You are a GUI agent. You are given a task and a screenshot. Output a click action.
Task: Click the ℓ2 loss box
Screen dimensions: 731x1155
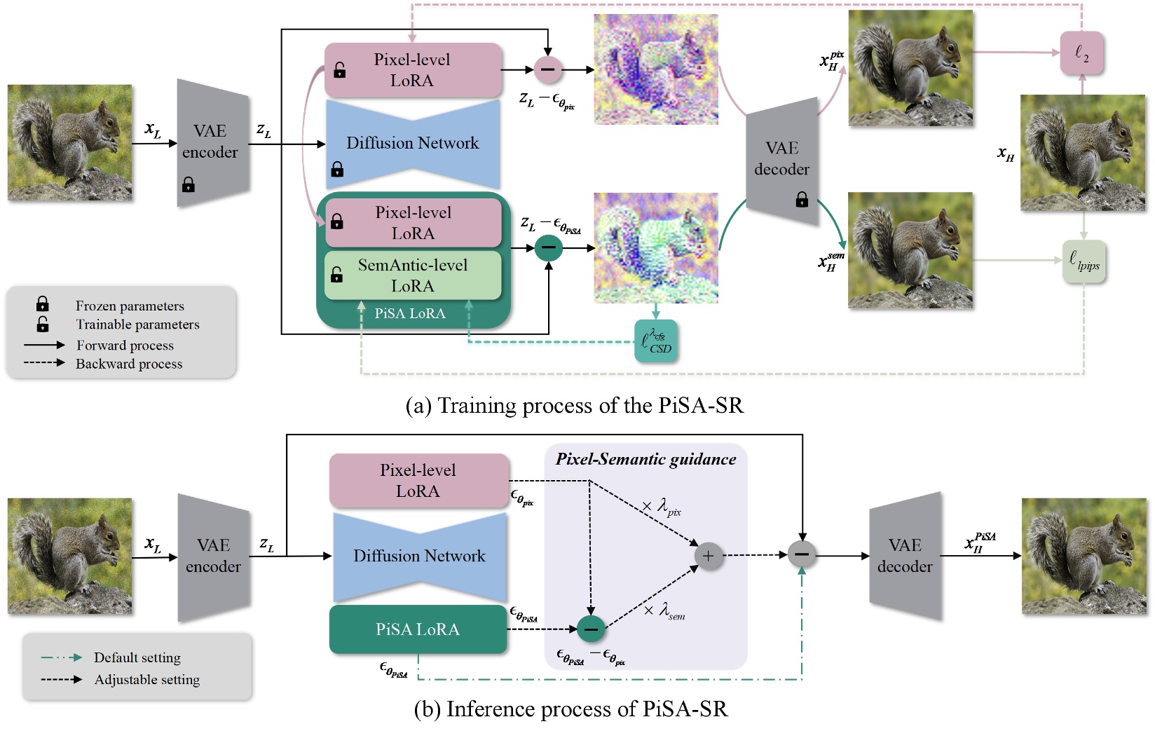pyautogui.click(x=1081, y=53)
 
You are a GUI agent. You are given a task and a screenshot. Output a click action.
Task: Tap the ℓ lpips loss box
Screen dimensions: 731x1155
pyautogui.click(x=1084, y=261)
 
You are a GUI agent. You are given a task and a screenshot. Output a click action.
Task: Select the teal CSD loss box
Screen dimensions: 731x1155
pyautogui.click(x=656, y=341)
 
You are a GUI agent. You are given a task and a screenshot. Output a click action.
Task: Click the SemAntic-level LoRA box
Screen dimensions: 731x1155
pyautogui.click(x=413, y=275)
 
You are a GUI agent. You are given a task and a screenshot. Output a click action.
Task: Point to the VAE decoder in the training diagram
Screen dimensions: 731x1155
pyautogui.click(x=782, y=160)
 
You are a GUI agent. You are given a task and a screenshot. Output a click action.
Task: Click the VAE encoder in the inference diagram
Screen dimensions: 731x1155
pyautogui.click(x=213, y=556)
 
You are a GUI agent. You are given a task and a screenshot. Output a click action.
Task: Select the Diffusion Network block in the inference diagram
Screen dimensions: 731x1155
pyautogui.click(x=419, y=556)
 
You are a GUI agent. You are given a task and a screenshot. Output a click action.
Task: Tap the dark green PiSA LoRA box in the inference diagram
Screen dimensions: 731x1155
pyautogui.click(x=418, y=629)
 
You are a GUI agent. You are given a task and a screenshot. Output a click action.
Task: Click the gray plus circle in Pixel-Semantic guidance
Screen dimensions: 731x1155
pyautogui.click(x=708, y=556)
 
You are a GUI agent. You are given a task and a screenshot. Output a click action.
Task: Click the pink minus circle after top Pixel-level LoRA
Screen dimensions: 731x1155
pyautogui.click(x=548, y=69)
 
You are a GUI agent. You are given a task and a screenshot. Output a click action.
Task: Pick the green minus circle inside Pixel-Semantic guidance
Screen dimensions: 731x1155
pyautogui.click(x=591, y=629)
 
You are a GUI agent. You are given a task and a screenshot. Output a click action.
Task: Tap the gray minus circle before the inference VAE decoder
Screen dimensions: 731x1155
pyautogui.click(x=802, y=554)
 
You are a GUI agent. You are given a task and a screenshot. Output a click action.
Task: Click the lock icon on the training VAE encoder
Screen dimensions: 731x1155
pyautogui.click(x=189, y=185)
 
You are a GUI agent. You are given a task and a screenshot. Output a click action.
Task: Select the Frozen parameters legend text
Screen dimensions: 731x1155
pyautogui.click(x=130, y=306)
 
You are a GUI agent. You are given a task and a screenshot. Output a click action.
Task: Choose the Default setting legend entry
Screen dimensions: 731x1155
pyautogui.click(x=137, y=657)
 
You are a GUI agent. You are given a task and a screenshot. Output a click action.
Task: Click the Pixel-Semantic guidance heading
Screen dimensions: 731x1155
pyautogui.click(x=645, y=459)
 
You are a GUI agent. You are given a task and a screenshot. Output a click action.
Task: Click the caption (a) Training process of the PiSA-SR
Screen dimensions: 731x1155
pyautogui.click(x=574, y=405)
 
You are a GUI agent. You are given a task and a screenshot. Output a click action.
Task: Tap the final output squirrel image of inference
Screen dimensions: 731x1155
pyautogui.click(x=1084, y=556)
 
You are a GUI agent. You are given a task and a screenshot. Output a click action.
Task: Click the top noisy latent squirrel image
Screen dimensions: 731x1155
pyautogui.click(x=656, y=69)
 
